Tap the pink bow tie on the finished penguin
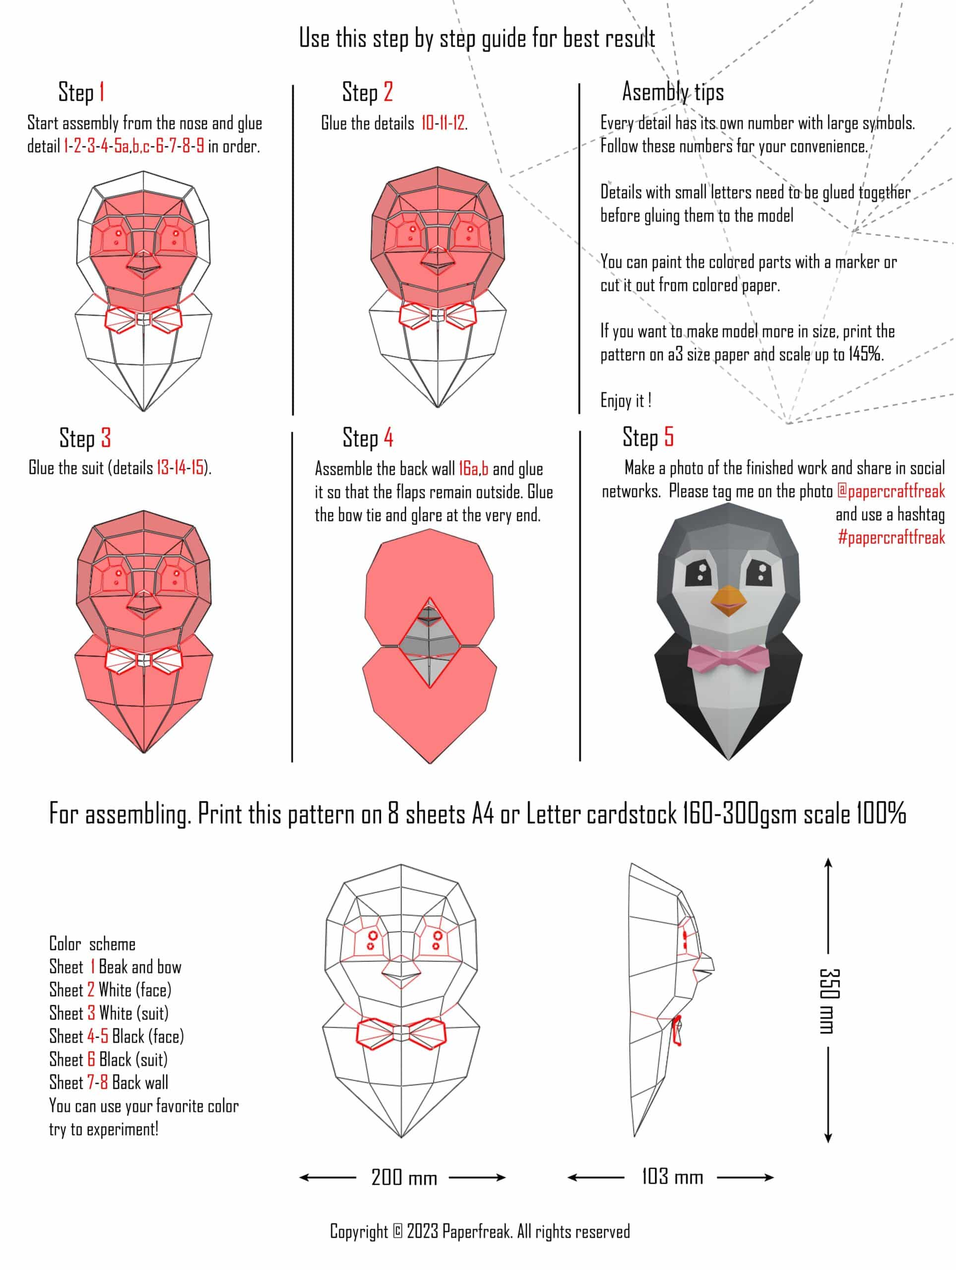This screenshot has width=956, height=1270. [729, 657]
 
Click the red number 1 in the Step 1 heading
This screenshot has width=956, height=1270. [102, 92]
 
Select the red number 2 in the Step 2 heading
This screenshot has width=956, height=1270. [388, 92]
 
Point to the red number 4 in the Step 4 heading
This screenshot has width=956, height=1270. [389, 438]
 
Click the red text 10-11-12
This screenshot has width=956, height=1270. [443, 123]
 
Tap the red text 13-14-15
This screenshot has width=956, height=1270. [180, 468]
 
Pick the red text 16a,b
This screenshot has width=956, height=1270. [474, 469]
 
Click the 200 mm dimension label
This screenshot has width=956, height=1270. [404, 1178]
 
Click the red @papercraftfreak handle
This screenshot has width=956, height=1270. [891, 492]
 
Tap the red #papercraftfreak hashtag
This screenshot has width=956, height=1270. [891, 537]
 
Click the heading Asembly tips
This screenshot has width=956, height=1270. [673, 92]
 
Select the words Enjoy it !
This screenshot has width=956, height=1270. [626, 400]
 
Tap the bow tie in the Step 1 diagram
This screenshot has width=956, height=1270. [143, 319]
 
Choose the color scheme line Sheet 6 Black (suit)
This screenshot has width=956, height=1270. [109, 1059]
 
